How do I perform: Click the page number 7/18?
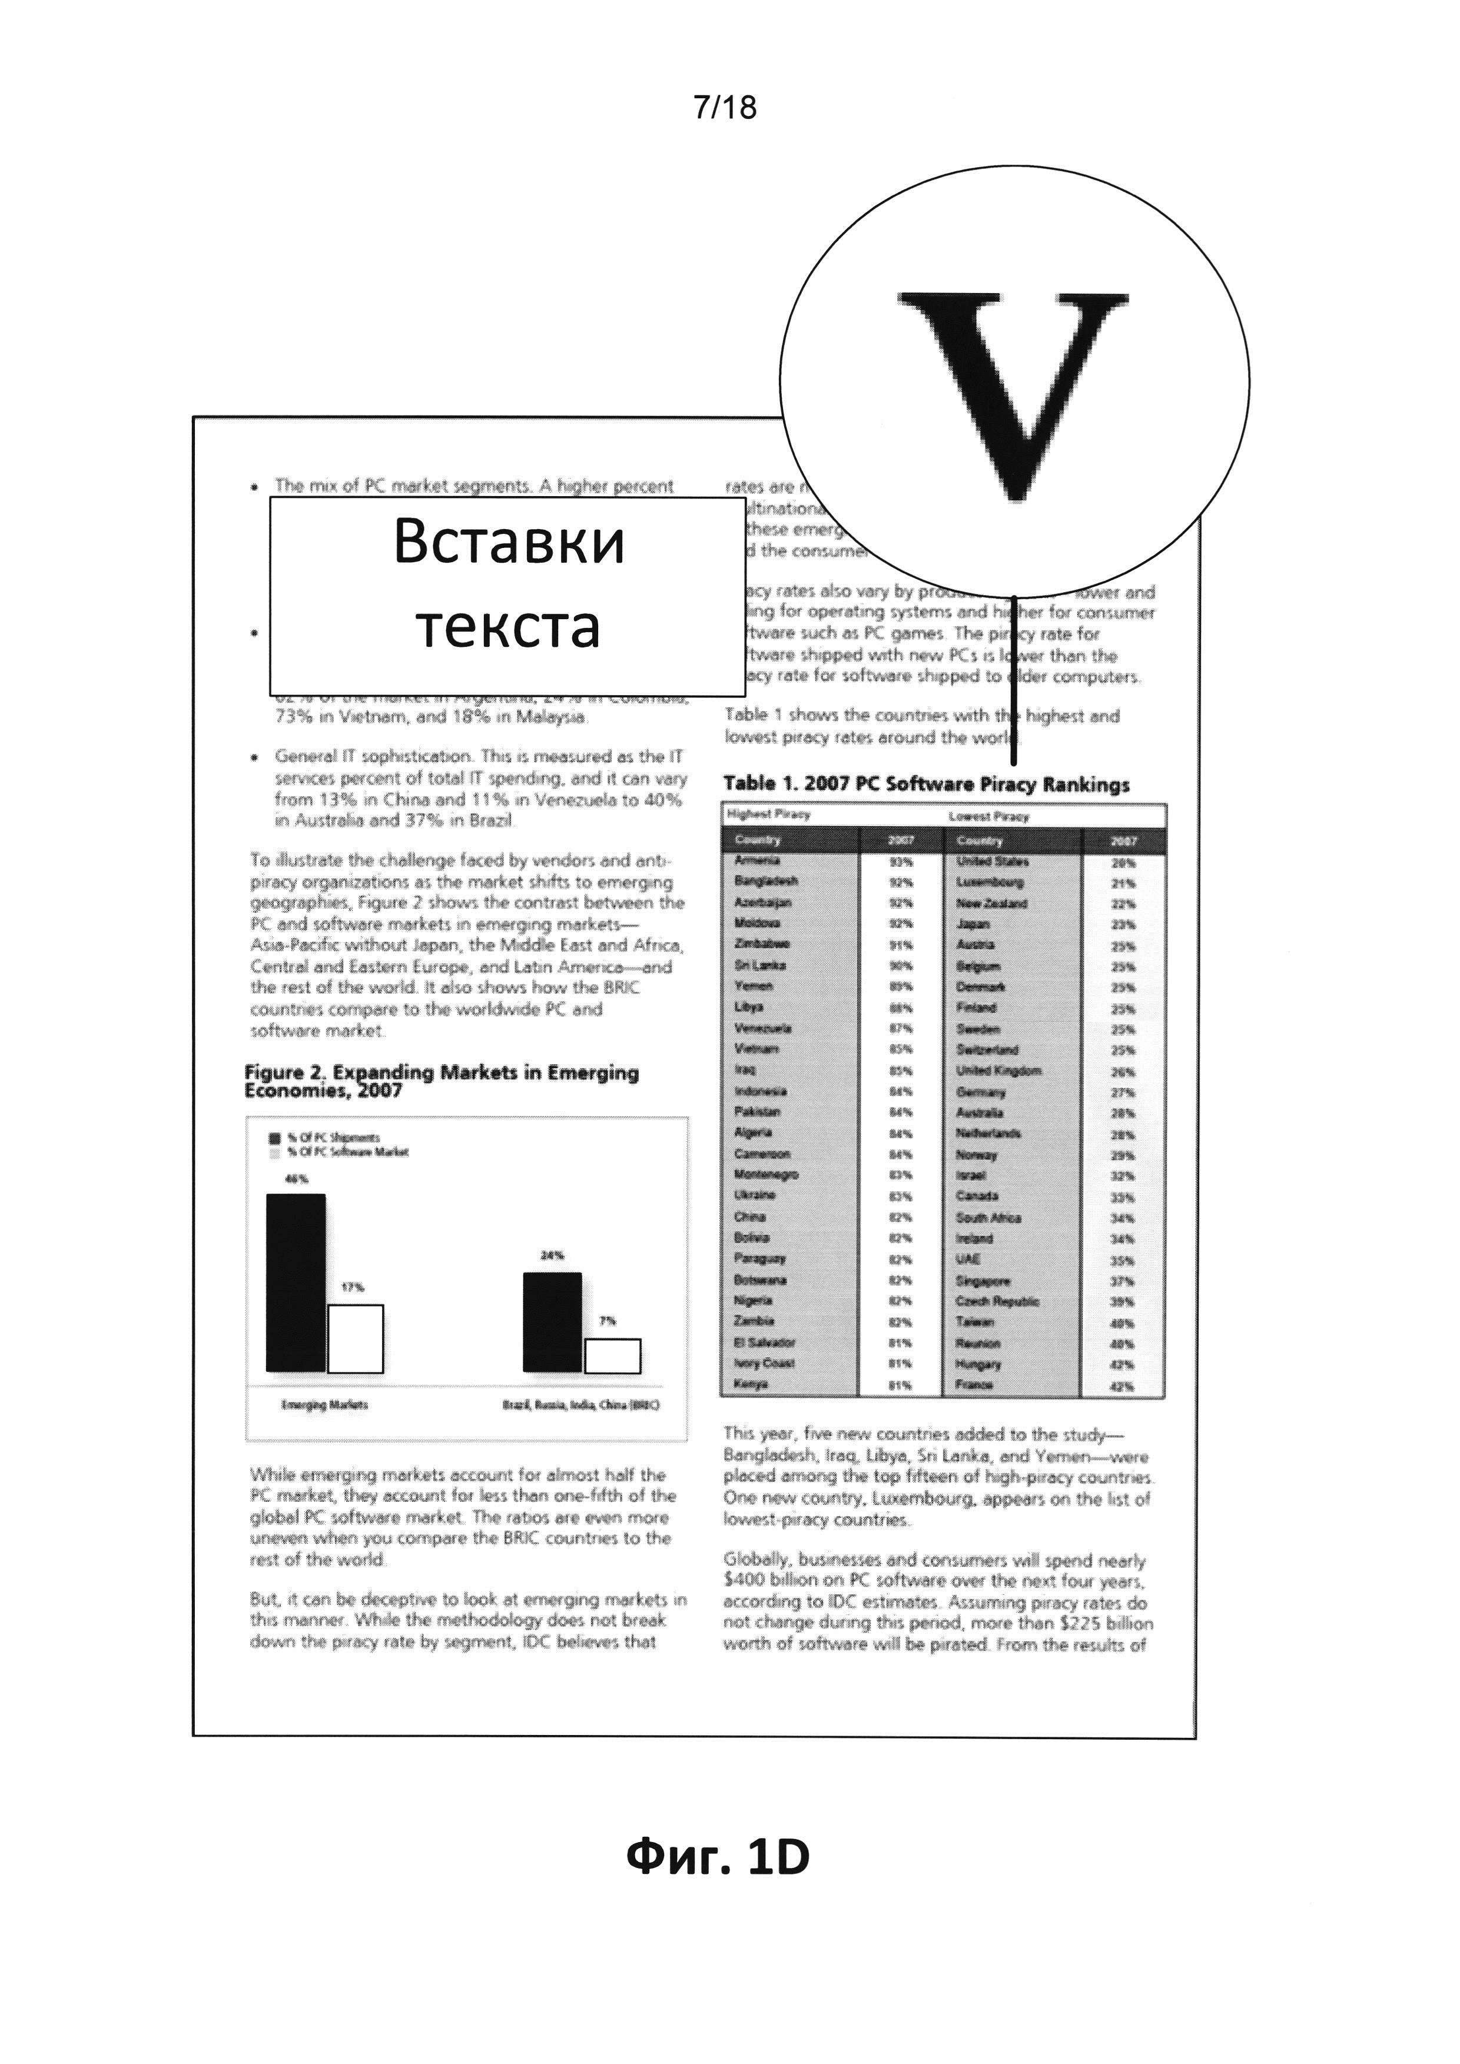pyautogui.click(x=725, y=108)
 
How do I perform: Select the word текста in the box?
pyautogui.click(x=509, y=627)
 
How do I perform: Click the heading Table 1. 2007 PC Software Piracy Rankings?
pyautogui.click(x=926, y=784)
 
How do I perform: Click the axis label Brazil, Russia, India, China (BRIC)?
pyautogui.click(x=581, y=1405)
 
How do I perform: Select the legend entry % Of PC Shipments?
pyautogui.click(x=333, y=1137)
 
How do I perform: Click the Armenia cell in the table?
pyautogui.click(x=757, y=860)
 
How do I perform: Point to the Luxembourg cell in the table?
pyautogui.click(x=990, y=882)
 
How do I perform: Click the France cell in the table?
pyautogui.click(x=974, y=1385)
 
